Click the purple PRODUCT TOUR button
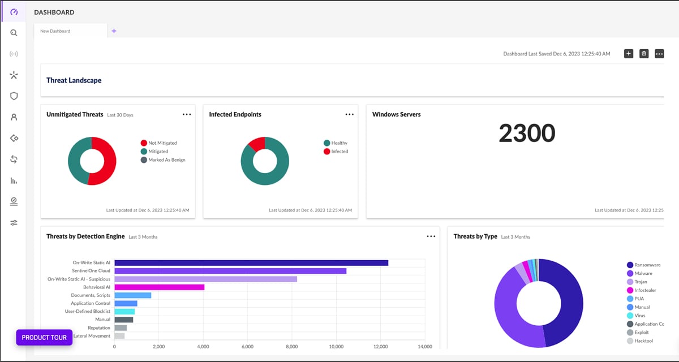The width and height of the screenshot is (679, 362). coord(44,338)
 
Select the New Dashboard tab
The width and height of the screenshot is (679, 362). coord(55,31)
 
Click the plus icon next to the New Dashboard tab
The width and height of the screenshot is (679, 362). coord(114,31)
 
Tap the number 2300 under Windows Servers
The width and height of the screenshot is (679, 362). coord(527,133)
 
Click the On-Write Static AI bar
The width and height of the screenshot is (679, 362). coord(251,262)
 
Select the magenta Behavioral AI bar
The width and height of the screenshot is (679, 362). coord(159,287)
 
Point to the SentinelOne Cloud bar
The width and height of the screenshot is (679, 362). coord(230,271)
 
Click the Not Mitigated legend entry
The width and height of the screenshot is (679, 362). coord(162,143)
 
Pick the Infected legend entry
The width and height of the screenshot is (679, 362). coord(339,152)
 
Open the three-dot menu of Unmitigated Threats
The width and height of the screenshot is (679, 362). coord(187,114)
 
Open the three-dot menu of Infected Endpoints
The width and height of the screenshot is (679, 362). coord(350,114)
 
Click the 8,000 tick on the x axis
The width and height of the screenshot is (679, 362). coord(292,347)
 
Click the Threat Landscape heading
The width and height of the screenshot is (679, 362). coord(74,80)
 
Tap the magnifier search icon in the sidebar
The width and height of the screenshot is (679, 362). coord(14,33)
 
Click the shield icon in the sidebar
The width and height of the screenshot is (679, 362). coord(14,96)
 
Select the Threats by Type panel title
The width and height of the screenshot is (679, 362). coord(475,236)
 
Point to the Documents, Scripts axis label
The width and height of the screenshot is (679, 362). coord(91,295)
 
